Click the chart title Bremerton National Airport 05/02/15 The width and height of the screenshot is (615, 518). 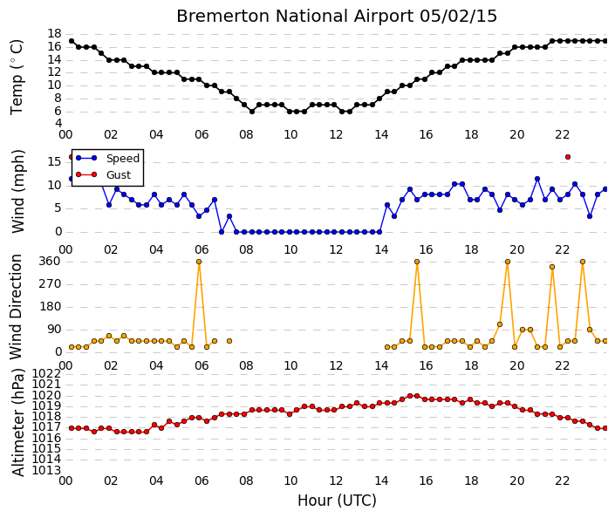pos(337,16)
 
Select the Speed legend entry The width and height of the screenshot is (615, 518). pos(107,158)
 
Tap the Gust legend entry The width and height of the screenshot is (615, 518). pos(103,174)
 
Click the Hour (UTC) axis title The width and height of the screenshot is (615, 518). pos(337,501)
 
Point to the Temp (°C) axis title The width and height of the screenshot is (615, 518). pos(17,77)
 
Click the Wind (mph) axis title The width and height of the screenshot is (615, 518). pos(17,191)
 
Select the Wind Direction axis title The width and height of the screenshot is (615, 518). pos(16,307)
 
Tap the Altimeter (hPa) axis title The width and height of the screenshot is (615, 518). pos(17,422)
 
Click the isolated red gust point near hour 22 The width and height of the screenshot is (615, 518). pos(568,157)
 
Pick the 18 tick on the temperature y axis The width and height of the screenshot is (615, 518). pos(54,33)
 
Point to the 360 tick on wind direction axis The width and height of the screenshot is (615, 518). pos(51,261)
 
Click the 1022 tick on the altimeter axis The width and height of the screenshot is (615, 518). pos(46,373)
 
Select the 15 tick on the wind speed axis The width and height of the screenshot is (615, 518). pos(54,161)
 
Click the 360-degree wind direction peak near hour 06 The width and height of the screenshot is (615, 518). pos(199,262)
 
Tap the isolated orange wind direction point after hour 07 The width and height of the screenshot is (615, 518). pos(229,341)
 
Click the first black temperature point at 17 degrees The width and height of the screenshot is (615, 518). pos(72,41)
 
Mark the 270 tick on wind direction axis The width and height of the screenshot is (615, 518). pos(51,284)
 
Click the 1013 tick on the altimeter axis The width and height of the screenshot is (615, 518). pos(46,470)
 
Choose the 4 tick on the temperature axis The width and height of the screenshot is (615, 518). pos(58,123)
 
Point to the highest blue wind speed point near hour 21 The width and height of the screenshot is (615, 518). pos(537,179)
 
